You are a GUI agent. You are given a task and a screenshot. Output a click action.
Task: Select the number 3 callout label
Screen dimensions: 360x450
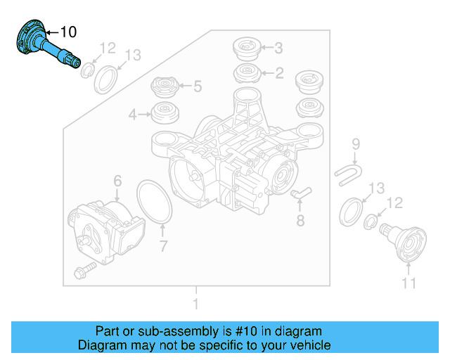[278, 49]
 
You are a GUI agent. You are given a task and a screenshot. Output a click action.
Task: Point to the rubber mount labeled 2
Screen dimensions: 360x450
[246, 72]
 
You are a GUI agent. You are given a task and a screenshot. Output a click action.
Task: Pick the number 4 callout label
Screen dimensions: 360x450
[132, 113]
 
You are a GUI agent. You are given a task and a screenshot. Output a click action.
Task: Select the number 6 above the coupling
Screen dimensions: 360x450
[117, 181]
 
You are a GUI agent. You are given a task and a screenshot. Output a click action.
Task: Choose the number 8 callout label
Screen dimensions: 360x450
[300, 221]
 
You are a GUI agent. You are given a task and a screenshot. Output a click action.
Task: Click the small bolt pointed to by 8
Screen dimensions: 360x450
[297, 192]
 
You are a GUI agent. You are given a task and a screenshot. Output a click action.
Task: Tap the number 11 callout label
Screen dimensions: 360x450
[409, 283]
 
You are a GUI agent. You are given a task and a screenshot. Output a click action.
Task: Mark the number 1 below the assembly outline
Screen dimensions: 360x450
[196, 304]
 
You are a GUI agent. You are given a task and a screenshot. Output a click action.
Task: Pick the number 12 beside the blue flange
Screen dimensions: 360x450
[107, 48]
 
